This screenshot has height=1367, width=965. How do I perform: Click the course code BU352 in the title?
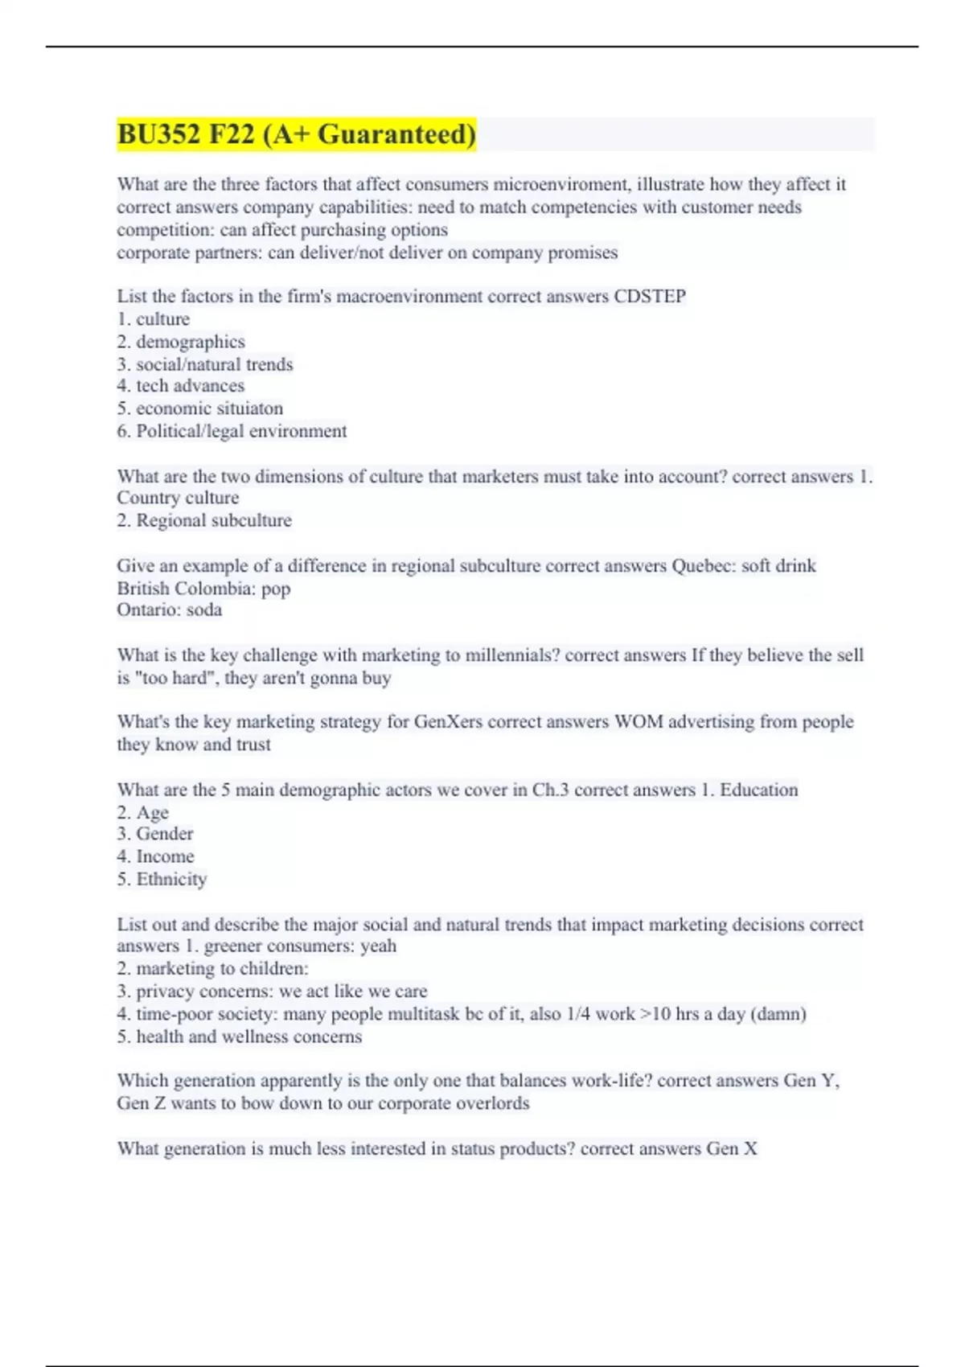point(158,133)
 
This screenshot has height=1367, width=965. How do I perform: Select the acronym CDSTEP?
point(650,296)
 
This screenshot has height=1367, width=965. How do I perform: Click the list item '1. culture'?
point(154,319)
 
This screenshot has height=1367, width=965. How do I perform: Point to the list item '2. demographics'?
point(181,342)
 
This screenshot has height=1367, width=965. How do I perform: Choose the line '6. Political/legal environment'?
point(232,431)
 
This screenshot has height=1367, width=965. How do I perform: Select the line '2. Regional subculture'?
point(204,520)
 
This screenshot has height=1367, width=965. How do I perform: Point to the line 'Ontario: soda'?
point(170,610)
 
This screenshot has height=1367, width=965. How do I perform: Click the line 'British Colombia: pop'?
point(203,588)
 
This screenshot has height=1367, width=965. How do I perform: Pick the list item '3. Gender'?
point(155,834)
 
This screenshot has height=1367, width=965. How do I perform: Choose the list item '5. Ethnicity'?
point(162,879)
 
